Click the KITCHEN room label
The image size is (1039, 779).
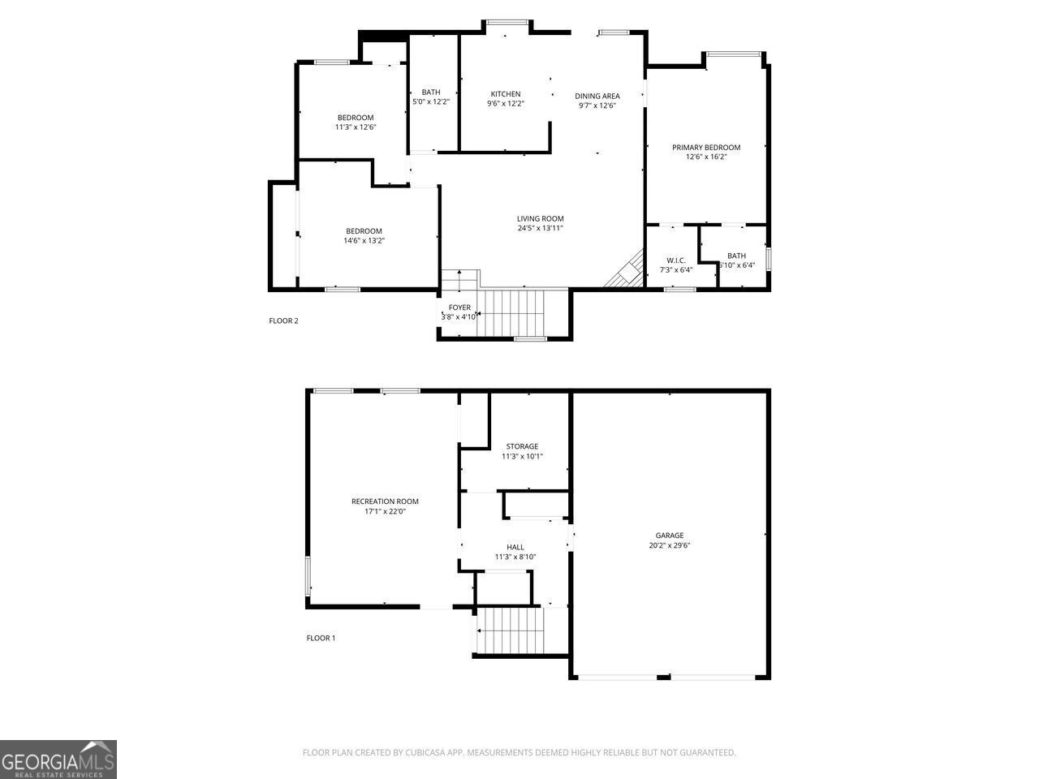(505, 94)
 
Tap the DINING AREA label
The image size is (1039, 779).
(597, 96)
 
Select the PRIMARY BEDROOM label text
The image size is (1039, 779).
(705, 147)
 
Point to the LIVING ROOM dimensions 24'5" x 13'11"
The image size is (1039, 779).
(540, 229)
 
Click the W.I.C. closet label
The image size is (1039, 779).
(675, 260)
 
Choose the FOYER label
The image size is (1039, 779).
(459, 308)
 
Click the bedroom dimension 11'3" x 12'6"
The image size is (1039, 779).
(356, 127)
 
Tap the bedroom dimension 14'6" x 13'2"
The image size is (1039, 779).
(363, 240)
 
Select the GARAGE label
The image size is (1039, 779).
(670, 535)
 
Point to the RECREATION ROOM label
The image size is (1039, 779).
(385, 501)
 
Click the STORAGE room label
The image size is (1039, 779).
(522, 446)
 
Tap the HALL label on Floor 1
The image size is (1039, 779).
(515, 547)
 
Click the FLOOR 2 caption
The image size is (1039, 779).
(283, 321)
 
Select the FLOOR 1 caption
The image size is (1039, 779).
(321, 638)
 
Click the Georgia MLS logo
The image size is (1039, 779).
(58, 760)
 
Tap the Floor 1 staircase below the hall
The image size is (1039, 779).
(509, 630)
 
